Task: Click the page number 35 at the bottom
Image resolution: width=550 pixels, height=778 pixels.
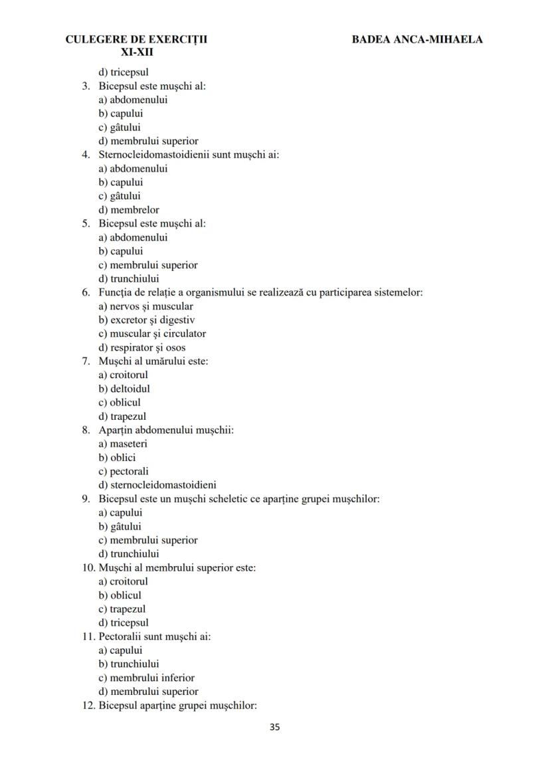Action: click(x=275, y=727)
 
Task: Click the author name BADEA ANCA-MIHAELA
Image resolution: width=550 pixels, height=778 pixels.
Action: click(x=417, y=39)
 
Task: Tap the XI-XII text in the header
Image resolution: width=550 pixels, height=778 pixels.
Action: click(x=137, y=52)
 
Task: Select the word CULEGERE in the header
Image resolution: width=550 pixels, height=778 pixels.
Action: click(x=93, y=39)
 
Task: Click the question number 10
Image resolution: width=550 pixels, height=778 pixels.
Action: click(x=89, y=568)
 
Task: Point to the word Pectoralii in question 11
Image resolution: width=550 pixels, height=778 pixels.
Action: click(x=120, y=636)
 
